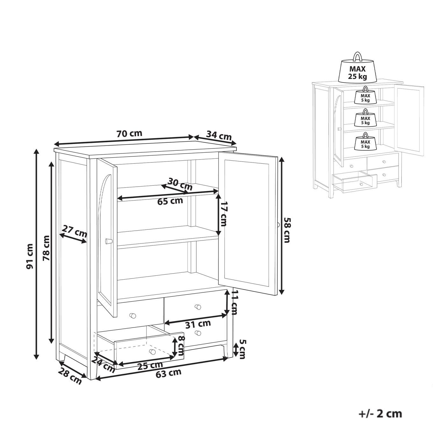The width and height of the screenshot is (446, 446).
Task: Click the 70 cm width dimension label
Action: pyautogui.click(x=129, y=134)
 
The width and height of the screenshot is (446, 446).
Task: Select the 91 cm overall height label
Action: pyautogui.click(x=30, y=256)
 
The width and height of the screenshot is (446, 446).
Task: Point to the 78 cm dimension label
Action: pyautogui.click(x=47, y=248)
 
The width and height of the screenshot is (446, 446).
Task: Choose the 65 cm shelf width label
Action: pyautogui.click(x=170, y=201)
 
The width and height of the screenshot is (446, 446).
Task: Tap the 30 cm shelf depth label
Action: pyautogui.click(x=180, y=184)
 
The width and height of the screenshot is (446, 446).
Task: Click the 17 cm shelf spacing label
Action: pyautogui.click(x=224, y=214)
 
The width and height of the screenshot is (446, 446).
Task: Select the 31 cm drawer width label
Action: pyautogui.click(x=198, y=324)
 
